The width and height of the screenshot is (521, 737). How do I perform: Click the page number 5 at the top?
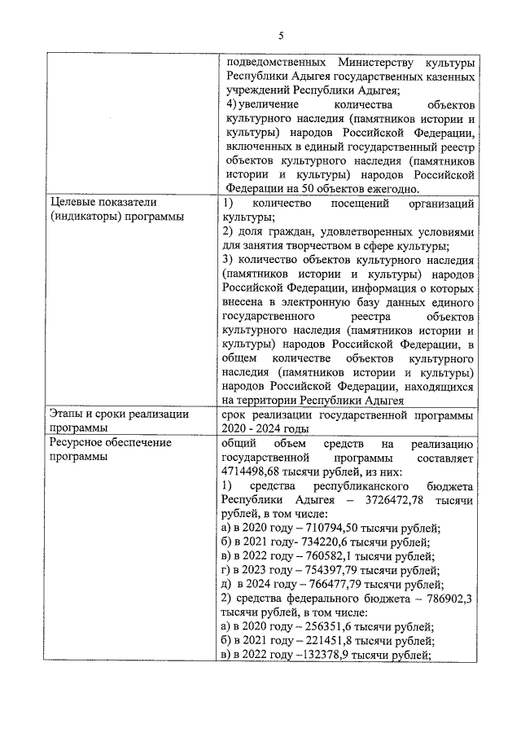point(281,35)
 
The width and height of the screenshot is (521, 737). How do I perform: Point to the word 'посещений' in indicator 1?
point(370,203)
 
